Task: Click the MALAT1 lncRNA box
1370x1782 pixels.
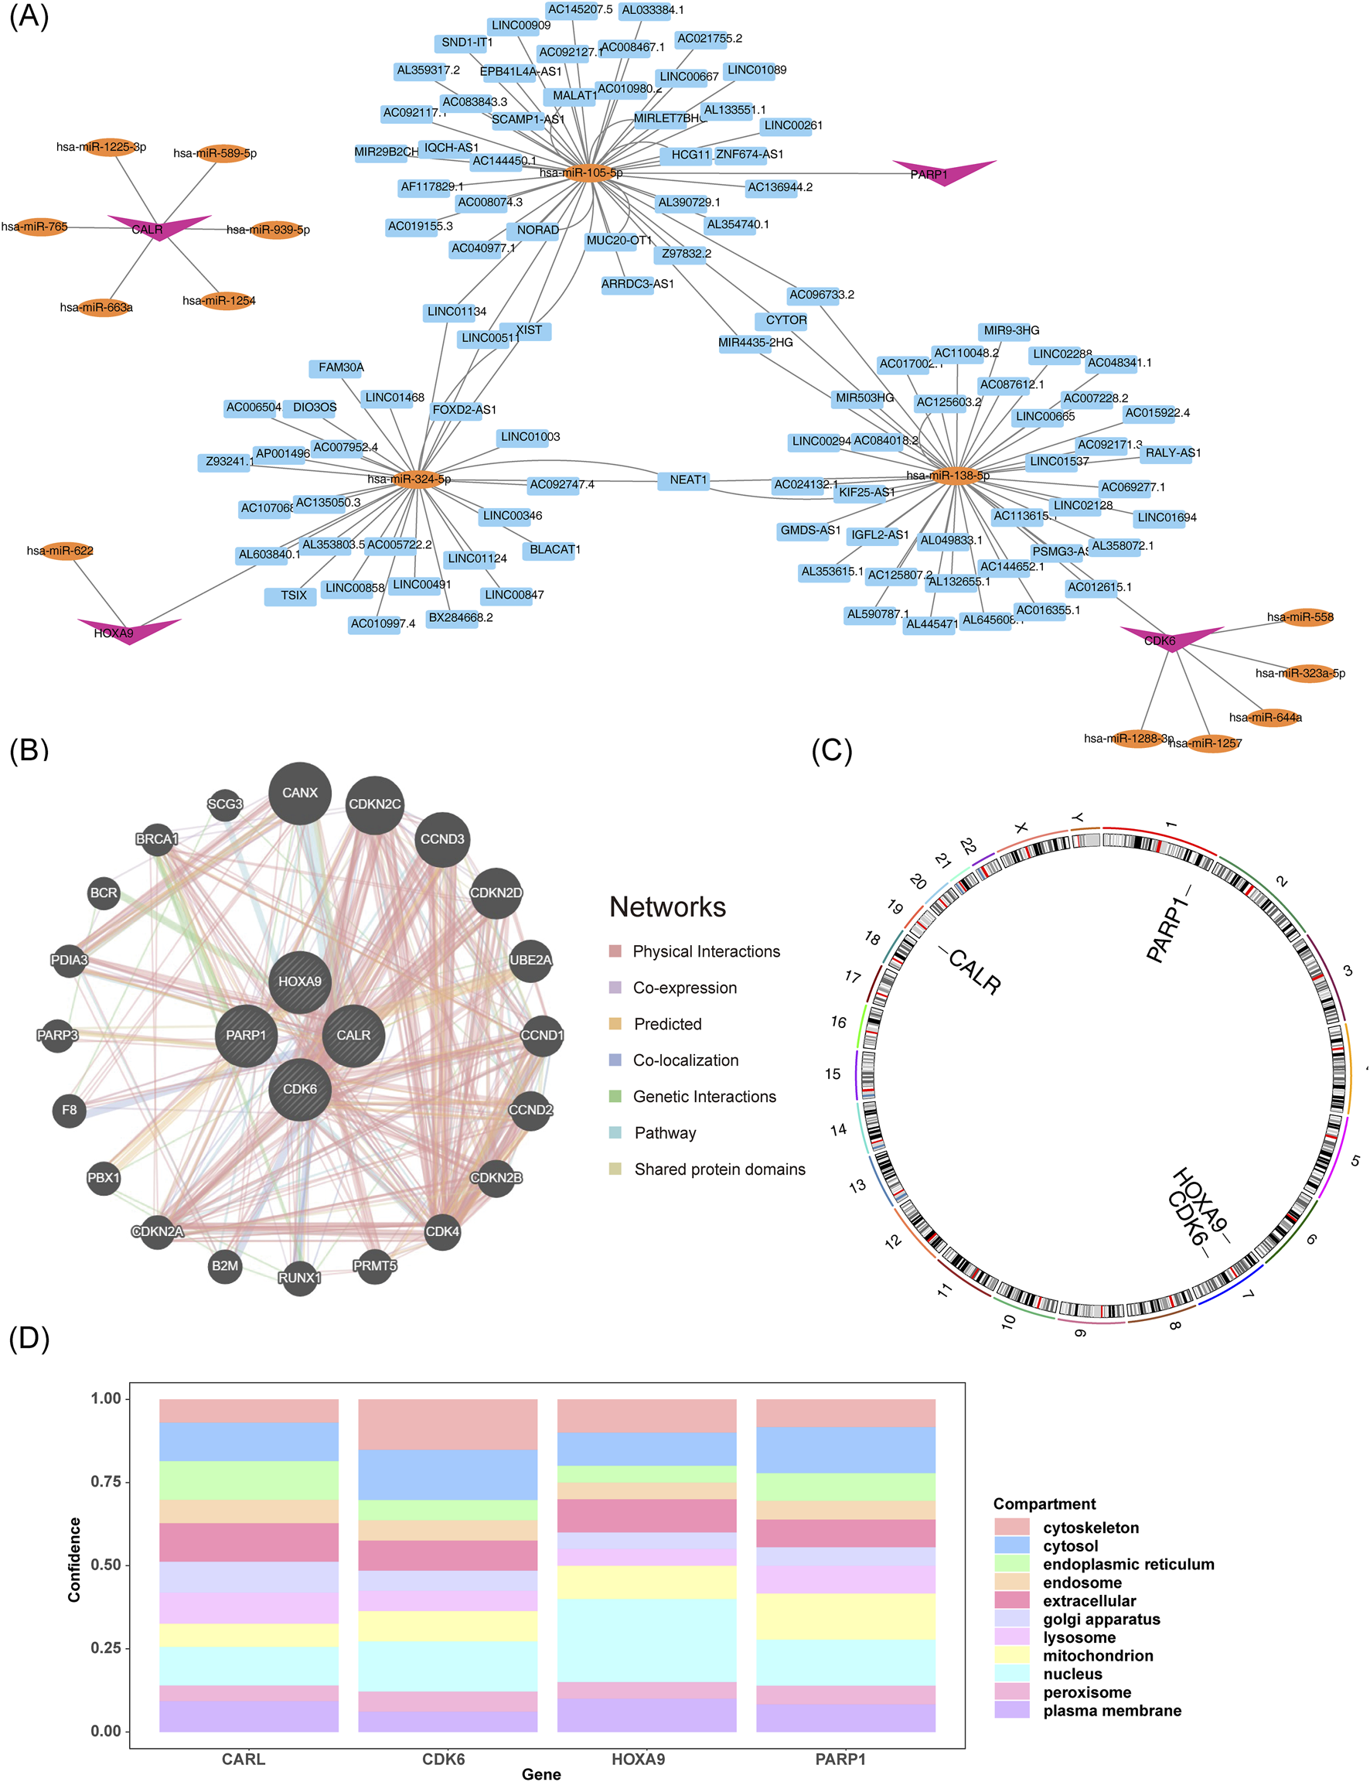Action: [573, 95]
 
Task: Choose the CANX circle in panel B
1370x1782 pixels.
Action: [299, 793]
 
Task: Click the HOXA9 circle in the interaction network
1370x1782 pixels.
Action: [299, 981]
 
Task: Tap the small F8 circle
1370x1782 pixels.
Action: [70, 1110]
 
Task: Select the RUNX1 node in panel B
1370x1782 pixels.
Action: [299, 1277]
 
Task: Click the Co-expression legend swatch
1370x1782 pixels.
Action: [615, 988]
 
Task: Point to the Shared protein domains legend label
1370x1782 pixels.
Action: [719, 1169]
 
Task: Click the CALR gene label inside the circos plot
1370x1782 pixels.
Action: [973, 971]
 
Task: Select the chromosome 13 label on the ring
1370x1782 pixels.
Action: [857, 1186]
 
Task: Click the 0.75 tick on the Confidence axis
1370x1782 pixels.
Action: [105, 1482]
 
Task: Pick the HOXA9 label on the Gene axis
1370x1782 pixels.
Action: [639, 1759]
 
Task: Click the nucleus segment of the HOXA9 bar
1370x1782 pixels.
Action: [646, 1639]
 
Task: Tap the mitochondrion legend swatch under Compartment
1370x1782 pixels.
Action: [1011, 1656]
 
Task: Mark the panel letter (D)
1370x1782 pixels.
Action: [29, 1339]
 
